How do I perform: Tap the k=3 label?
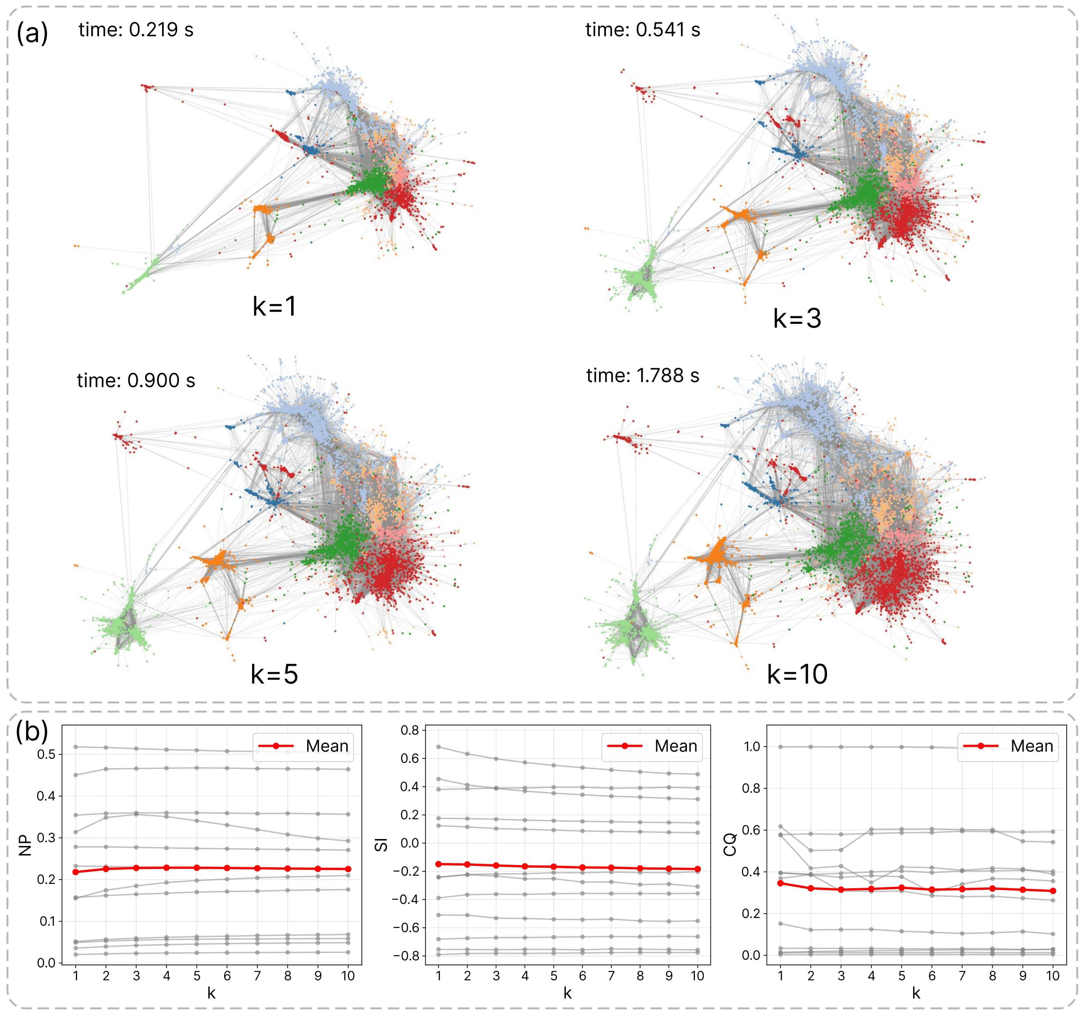pos(797,318)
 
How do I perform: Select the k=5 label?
pos(274,674)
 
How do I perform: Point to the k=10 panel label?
pos(797,674)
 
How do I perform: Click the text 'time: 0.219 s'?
pos(136,29)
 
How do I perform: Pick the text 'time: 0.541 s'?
pos(643,29)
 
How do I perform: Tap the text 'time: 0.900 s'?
pos(136,381)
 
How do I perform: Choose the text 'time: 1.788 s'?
pos(643,376)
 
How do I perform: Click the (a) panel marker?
pos(32,34)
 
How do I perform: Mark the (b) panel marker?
pos(32,732)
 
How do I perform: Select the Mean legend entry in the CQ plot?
pos(1008,746)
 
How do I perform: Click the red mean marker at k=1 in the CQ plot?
pos(780,883)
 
